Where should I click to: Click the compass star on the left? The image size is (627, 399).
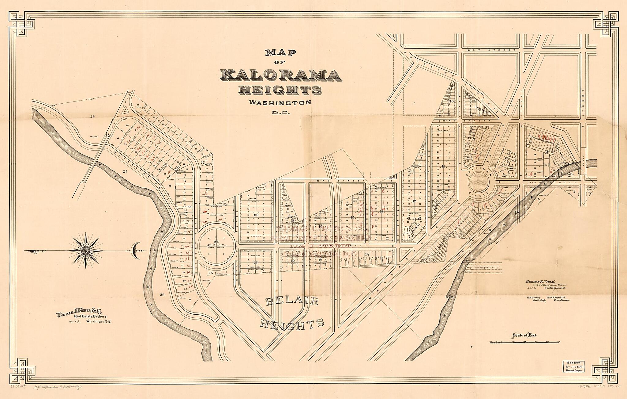tap(85, 251)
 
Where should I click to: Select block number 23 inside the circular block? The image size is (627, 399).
tap(216, 242)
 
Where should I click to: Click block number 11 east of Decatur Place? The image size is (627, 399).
tap(443, 166)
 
